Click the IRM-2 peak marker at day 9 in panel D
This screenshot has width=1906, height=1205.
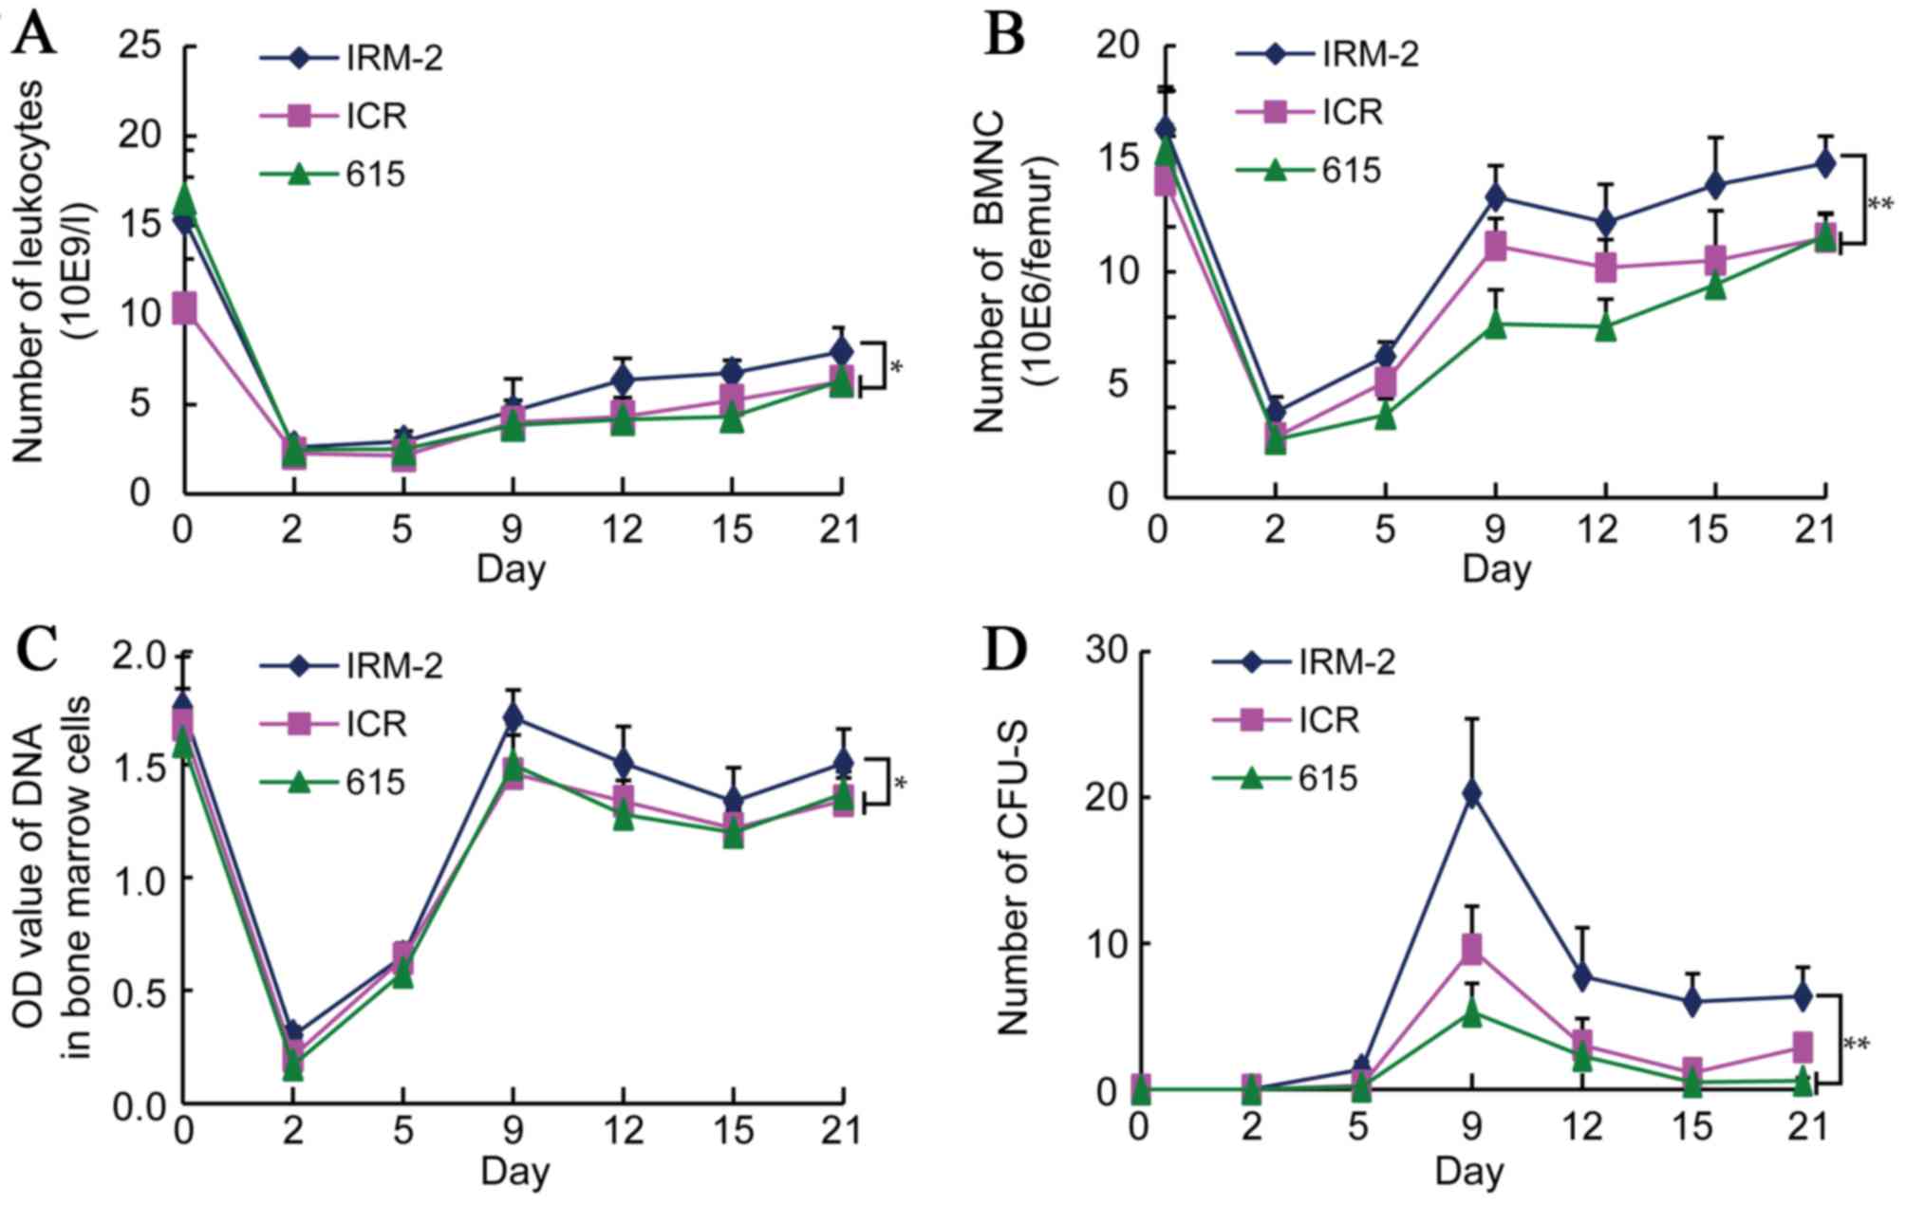(1472, 793)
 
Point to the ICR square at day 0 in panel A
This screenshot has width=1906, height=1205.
(184, 308)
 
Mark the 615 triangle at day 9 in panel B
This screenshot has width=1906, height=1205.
(1496, 324)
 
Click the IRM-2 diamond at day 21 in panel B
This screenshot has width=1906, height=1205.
(1824, 163)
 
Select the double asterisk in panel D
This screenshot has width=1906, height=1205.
(1857, 1045)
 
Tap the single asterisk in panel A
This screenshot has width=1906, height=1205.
(897, 366)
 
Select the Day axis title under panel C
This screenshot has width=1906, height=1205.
(514, 1171)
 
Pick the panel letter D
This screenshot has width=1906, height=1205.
(1005, 650)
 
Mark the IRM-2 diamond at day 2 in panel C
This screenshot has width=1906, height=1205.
(294, 1032)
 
